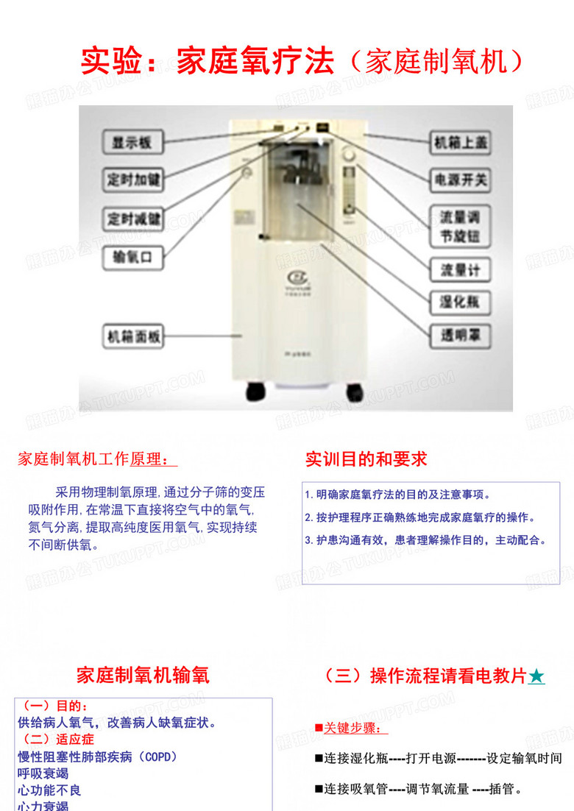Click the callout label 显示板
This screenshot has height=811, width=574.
click(132, 142)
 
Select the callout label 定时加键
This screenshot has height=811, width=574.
click(132, 179)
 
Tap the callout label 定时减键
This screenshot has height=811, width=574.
click(132, 219)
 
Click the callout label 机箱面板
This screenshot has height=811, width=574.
click(132, 338)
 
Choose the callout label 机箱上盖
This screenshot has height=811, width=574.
click(460, 142)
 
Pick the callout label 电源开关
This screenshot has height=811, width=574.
click(460, 179)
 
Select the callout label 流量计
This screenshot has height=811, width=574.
click(460, 270)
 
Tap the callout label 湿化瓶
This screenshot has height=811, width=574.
click(460, 302)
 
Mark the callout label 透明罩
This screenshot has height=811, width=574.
click(460, 336)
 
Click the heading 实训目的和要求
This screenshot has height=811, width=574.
click(366, 460)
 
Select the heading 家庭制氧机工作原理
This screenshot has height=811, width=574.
click(97, 460)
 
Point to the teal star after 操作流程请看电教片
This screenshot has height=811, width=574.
click(537, 676)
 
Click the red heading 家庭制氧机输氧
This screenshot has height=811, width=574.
click(143, 676)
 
